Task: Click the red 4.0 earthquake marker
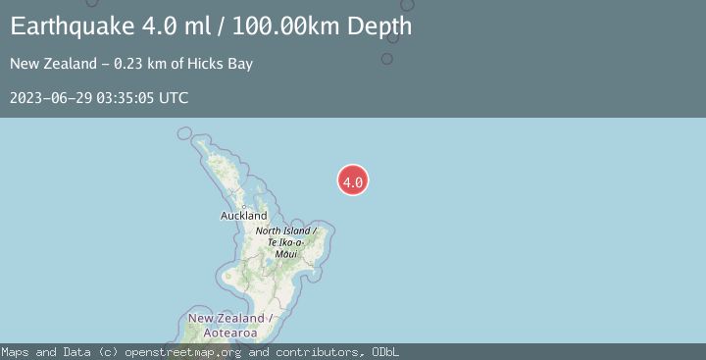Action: click(x=353, y=180)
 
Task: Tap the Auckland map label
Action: click(x=244, y=215)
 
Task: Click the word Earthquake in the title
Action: click(x=72, y=26)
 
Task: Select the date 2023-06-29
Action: click(x=50, y=98)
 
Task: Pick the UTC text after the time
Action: click(x=174, y=98)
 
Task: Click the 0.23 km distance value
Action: click(x=130, y=64)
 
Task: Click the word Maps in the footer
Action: click(x=17, y=352)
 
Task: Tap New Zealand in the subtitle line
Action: click(x=48, y=64)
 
